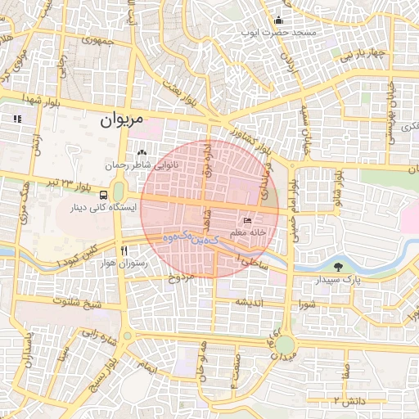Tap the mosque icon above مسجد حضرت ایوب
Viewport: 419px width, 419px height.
(x=279, y=20)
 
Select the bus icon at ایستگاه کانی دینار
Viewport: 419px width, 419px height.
(x=104, y=196)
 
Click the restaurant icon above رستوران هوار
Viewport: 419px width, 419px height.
(x=124, y=250)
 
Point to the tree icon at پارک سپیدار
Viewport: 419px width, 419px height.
(x=340, y=267)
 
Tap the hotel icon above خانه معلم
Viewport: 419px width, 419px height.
(x=249, y=220)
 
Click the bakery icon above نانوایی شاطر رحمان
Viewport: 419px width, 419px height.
(x=143, y=152)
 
